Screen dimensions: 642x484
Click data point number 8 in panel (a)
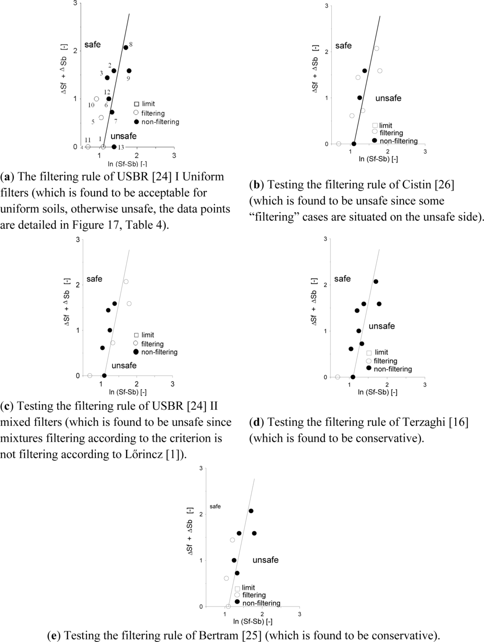pos(126,47)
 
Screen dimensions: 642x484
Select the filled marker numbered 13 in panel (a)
pos(114,147)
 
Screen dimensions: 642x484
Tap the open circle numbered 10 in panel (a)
pos(96,99)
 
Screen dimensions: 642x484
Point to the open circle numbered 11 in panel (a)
pos(88,147)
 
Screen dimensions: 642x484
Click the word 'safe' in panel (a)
pos(93,44)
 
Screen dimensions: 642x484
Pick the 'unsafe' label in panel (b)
pos(388,98)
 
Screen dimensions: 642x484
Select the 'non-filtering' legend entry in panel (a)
pos(160,122)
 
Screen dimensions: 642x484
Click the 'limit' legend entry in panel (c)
pos(147,335)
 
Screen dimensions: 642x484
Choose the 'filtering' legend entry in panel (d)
pos(385,361)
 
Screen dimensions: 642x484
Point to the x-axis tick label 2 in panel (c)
pos(137,384)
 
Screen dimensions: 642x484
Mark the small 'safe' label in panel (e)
pos(215,506)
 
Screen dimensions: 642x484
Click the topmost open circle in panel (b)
pos(377,48)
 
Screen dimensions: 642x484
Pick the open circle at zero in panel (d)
pos(337,377)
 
